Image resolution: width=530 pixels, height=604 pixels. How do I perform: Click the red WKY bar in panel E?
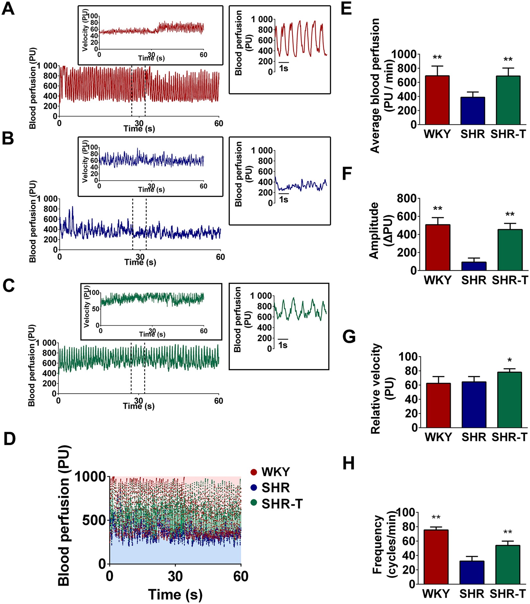pos(437,100)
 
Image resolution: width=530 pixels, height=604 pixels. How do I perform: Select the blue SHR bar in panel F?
pos(474,266)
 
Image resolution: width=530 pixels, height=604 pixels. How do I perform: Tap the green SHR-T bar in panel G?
pos(509,400)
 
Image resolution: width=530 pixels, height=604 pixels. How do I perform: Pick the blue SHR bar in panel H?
pos(472,572)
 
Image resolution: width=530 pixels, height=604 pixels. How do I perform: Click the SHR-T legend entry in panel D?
pos(282,504)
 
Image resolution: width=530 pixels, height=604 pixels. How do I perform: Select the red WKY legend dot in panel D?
pos(254,472)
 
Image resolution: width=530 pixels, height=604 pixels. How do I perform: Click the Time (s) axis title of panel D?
pos(175,594)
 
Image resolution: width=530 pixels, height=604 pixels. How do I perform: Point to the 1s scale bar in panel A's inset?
pos(284,62)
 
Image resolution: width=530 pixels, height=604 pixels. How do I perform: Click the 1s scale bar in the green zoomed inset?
pos(283,339)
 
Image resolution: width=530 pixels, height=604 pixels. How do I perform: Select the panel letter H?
pos(349,463)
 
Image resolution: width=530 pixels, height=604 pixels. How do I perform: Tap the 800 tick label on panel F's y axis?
pos(406,199)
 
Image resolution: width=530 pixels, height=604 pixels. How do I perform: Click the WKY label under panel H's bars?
pos(436,593)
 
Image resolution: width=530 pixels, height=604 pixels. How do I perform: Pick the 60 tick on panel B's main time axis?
pos(220,257)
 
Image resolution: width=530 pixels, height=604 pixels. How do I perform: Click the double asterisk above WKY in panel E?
pos(437,58)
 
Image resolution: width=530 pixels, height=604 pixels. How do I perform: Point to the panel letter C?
pos(8,285)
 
